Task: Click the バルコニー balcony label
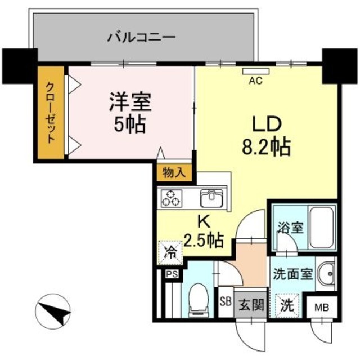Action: click(x=141, y=38)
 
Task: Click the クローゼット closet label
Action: click(x=51, y=113)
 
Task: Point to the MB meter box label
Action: click(x=322, y=308)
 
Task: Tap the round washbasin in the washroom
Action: click(x=325, y=274)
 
